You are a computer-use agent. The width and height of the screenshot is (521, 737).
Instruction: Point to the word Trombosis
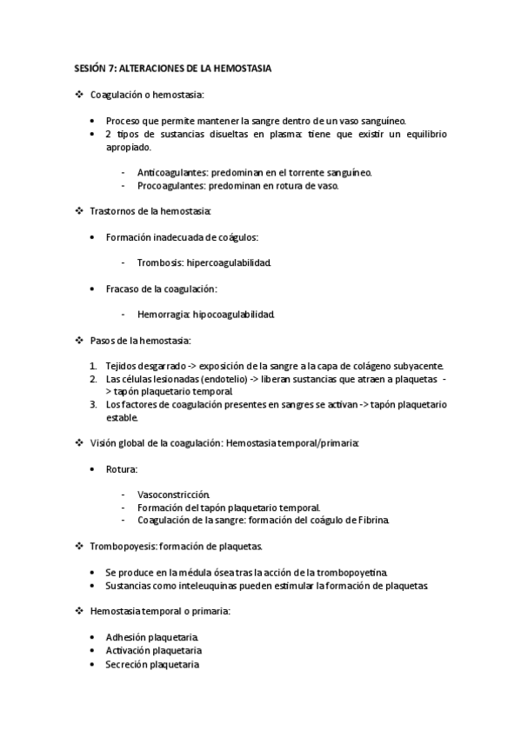159,262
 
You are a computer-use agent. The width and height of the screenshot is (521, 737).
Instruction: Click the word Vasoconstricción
173,494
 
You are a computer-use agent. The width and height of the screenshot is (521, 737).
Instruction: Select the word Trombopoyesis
123,546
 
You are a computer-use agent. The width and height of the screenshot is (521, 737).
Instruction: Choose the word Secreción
125,664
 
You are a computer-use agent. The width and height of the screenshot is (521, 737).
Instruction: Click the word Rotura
121,468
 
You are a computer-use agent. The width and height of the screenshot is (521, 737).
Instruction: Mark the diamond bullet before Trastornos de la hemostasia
80,211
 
